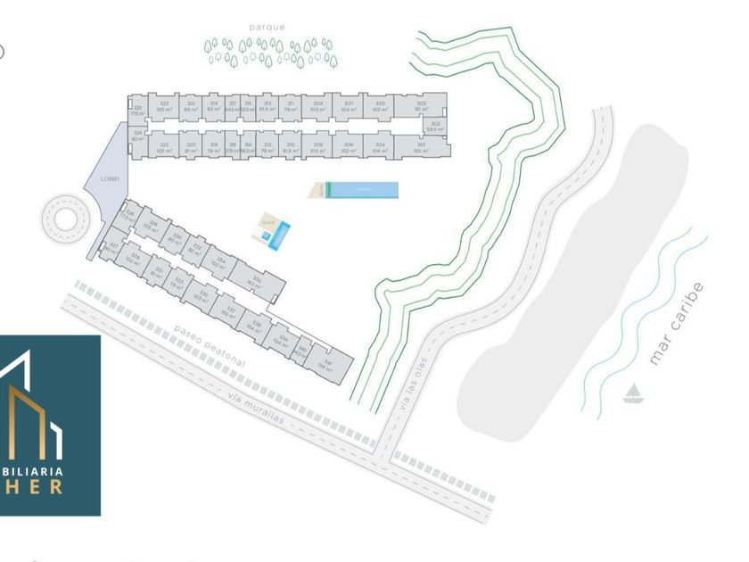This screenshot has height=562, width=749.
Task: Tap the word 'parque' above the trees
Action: coord(267,27)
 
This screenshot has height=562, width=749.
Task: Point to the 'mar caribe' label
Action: coord(677,324)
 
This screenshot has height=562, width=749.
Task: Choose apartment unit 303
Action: coord(422,105)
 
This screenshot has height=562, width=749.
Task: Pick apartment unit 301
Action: coord(420,146)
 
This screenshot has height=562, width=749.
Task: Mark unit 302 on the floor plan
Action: coord(435,126)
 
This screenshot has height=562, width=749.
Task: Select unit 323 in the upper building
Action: coord(164,105)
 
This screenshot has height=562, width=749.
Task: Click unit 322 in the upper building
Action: coord(163,146)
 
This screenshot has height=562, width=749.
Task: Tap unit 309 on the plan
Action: coord(318,105)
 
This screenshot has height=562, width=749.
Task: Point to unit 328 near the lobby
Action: coord(153,226)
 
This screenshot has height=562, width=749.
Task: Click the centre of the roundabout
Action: coord(66,217)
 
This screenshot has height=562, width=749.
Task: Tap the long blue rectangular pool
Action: coord(361,190)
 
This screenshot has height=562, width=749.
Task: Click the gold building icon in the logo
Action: coord(27,419)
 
